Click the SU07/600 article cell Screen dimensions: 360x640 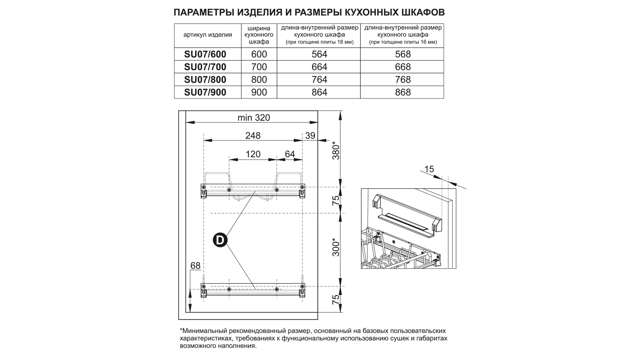[x=205, y=54]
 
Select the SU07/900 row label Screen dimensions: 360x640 [x=205, y=92]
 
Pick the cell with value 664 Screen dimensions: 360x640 [x=319, y=67]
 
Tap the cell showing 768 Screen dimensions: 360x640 [x=403, y=80]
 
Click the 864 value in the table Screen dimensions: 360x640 [x=319, y=92]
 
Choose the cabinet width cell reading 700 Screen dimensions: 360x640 [x=259, y=67]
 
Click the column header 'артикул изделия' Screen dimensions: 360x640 [x=208, y=35]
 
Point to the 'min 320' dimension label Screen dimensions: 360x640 [x=253, y=118]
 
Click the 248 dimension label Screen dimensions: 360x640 [x=253, y=136]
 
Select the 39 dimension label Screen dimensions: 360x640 [x=310, y=136]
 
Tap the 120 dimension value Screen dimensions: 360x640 [x=253, y=154]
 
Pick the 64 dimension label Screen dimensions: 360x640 [x=290, y=154]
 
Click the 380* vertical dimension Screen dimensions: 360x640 [x=336, y=152]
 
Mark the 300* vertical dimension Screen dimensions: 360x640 [x=336, y=247]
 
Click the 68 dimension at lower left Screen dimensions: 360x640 [x=195, y=266]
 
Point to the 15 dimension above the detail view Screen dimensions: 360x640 [x=429, y=169]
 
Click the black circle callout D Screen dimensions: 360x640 [x=220, y=240]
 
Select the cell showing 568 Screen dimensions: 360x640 [x=403, y=54]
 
